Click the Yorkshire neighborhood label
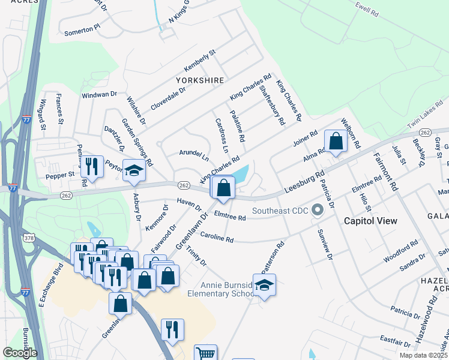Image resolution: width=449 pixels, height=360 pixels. pos(200,80)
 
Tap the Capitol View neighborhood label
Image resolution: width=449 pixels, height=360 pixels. pos(370,221)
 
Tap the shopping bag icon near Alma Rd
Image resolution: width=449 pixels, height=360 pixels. pos(336,142)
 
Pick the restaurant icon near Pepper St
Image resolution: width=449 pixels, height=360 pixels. pos(92,164)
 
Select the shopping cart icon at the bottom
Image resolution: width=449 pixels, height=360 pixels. pos(206,354)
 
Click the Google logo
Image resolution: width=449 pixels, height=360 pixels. pos(20,352)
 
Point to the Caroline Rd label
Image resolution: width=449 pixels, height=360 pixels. pos(217,236)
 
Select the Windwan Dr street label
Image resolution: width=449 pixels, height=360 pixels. pos(99,95)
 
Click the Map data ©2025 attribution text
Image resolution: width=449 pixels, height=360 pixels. pos(424,355)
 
